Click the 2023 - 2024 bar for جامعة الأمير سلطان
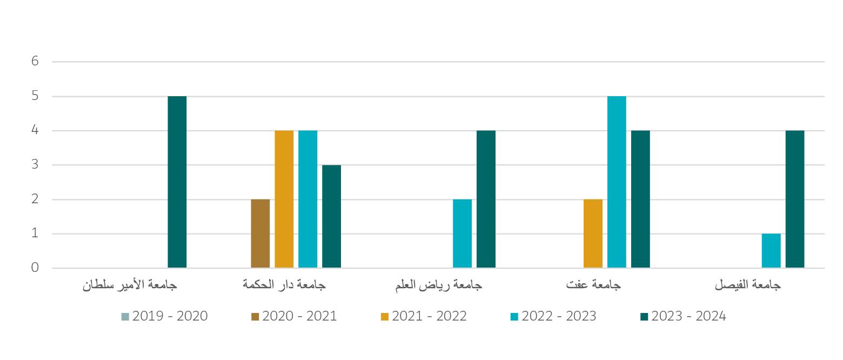[x=177, y=182]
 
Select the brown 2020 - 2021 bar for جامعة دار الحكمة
[x=260, y=234]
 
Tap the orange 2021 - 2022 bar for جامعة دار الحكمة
[x=284, y=199]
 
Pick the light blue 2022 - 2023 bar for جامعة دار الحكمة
[x=308, y=199]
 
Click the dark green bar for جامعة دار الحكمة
[x=331, y=216]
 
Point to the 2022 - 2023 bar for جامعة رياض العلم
[x=462, y=234]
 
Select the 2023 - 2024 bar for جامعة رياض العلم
[x=486, y=199]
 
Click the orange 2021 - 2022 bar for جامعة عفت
[x=593, y=234]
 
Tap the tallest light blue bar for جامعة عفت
[x=617, y=182]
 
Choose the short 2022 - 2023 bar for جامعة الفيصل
[x=771, y=251]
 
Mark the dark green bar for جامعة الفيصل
[x=795, y=199]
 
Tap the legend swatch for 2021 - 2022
[x=385, y=316]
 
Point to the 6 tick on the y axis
[x=36, y=62]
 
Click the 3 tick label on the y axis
[x=36, y=165]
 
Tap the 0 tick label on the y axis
[x=36, y=268]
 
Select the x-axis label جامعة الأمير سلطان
[x=130, y=285]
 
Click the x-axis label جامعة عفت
[x=593, y=285]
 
